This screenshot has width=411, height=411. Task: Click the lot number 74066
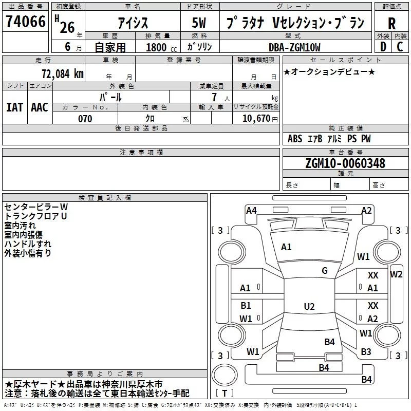(25, 22)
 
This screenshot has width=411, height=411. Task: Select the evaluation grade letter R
(391, 24)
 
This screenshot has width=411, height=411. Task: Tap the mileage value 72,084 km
(62, 74)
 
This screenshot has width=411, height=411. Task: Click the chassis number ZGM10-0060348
(345, 163)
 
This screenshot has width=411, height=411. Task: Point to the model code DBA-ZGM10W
(294, 47)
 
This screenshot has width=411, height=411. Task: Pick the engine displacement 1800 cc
(161, 48)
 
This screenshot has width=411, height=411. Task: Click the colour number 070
(85, 119)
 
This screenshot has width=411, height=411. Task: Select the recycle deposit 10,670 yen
(260, 119)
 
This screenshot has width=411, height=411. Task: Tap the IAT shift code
(15, 107)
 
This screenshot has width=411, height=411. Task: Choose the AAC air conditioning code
(40, 107)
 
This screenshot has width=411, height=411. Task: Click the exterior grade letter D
(383, 47)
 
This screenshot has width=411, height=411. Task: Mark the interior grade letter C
(400, 47)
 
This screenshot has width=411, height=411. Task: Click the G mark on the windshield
(325, 271)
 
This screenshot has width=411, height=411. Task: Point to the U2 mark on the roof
(309, 306)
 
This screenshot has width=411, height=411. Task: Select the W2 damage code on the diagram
(396, 274)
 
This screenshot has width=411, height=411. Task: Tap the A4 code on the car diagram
(251, 211)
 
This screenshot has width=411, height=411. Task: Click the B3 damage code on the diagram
(366, 352)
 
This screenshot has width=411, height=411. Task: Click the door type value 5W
(199, 23)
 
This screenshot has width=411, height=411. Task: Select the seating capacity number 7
(214, 97)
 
